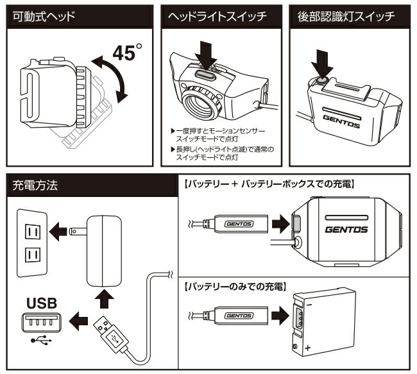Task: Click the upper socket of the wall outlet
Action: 31,228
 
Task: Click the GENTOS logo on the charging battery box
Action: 346,228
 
